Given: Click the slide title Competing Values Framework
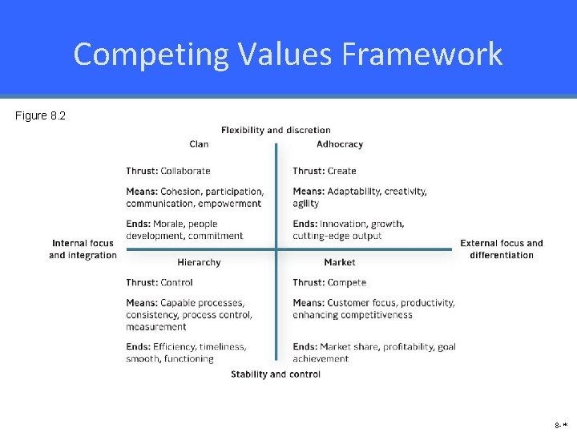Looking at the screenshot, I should pyautogui.click(x=288, y=54).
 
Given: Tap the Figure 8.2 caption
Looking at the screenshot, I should pyautogui.click(x=40, y=116).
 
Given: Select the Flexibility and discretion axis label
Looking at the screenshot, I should pyautogui.click(x=276, y=130).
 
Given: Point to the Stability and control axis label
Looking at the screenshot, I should pyautogui.click(x=276, y=374).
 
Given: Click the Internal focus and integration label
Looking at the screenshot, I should pyautogui.click(x=83, y=249).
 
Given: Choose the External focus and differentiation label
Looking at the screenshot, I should pyautogui.click(x=502, y=249).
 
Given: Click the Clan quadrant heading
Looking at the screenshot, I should pyautogui.click(x=199, y=144).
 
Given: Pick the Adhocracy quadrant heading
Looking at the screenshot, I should pyautogui.click(x=340, y=144).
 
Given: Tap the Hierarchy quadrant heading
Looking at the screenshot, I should pyautogui.click(x=199, y=262).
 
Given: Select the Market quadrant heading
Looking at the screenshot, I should pyautogui.click(x=340, y=262).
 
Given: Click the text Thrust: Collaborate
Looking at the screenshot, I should pyautogui.click(x=168, y=171).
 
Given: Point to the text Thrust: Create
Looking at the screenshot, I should pyautogui.click(x=325, y=171).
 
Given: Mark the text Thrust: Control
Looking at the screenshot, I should pyautogui.click(x=159, y=282).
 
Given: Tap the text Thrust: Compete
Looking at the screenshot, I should pyautogui.click(x=329, y=282).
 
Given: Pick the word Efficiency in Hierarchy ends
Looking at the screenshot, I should pyautogui.click(x=174, y=346).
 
